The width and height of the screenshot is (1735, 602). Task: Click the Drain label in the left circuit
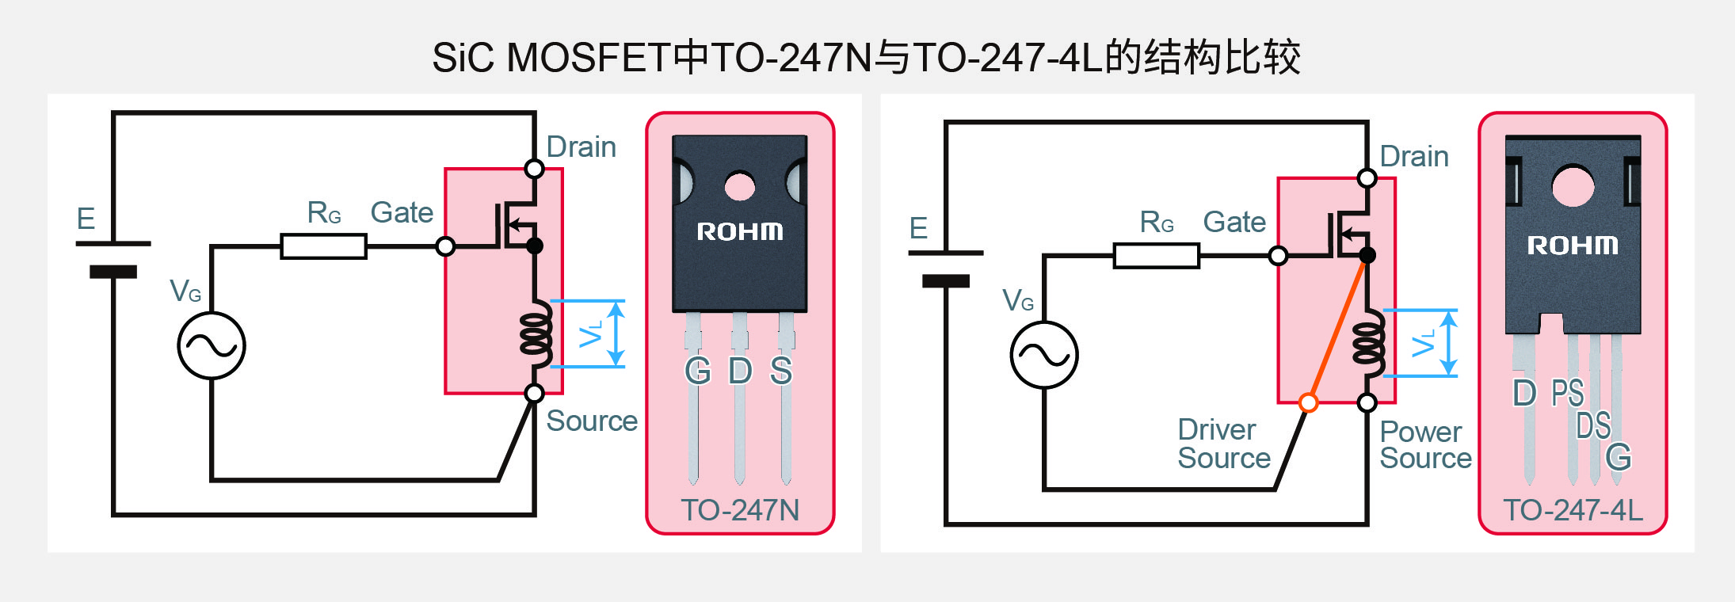click(x=581, y=147)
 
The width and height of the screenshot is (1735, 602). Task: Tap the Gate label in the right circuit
click(x=1234, y=223)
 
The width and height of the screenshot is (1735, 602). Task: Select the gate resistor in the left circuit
click(x=323, y=246)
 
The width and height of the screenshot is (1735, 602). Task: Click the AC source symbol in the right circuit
click(x=1044, y=355)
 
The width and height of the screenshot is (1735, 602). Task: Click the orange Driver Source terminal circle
click(x=1309, y=402)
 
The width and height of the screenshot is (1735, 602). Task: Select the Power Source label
click(x=1424, y=444)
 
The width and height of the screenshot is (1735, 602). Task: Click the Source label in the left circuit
click(x=591, y=421)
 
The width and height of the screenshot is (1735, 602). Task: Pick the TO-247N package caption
click(x=740, y=510)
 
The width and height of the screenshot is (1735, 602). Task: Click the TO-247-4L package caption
click(x=1573, y=510)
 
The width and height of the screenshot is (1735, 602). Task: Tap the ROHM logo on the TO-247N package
click(x=739, y=231)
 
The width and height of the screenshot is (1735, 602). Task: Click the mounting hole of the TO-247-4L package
click(x=1573, y=186)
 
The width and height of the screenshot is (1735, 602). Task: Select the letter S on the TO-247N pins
click(x=781, y=371)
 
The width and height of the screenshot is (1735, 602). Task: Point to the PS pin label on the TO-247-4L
click(x=1567, y=393)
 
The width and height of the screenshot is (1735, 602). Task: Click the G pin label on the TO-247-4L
click(x=1618, y=457)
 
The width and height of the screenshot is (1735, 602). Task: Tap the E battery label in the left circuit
click(x=86, y=219)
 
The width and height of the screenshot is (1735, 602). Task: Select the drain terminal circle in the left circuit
click(x=535, y=169)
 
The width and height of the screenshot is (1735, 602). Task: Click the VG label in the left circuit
click(x=185, y=291)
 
